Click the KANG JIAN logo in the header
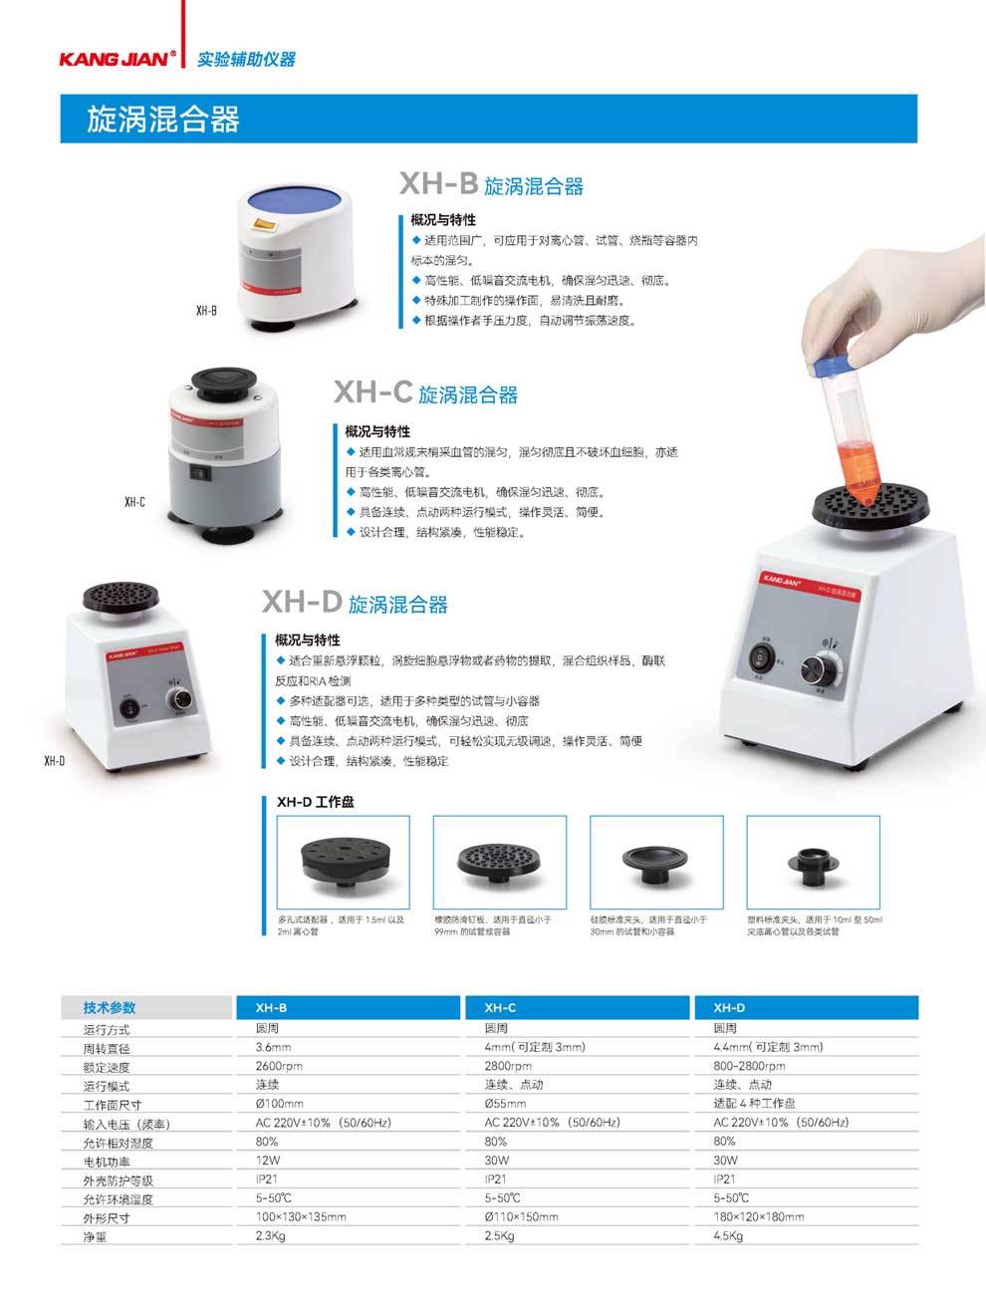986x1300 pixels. pos(117,59)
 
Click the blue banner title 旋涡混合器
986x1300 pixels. pos(163,120)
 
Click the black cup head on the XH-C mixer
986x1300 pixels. pos(224,382)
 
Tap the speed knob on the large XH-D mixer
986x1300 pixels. pos(826,666)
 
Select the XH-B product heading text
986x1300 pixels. pos(491,184)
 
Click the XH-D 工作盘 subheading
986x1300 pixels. pos(315,802)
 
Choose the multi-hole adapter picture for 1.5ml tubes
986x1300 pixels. pos(343,862)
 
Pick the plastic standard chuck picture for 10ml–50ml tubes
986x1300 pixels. pos(813,862)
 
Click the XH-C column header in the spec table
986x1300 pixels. pos(500,1007)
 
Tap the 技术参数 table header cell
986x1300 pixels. pos(110,1007)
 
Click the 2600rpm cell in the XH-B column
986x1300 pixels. pos(279,1066)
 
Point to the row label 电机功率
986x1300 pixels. pos(107,1162)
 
